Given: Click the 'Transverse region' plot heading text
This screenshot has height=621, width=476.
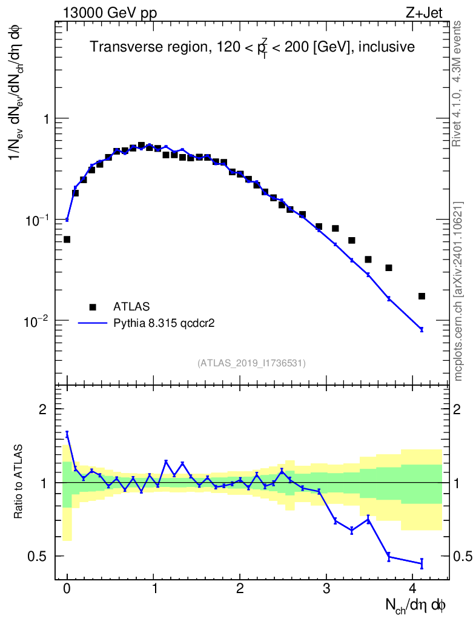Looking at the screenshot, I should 252,47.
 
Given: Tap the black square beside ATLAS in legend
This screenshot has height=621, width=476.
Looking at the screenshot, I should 93,306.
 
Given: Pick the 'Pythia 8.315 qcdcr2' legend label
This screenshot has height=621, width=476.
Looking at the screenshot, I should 165,323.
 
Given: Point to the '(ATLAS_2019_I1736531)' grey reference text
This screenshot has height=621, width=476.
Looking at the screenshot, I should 251,363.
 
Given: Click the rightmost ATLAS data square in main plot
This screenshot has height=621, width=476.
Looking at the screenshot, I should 421,296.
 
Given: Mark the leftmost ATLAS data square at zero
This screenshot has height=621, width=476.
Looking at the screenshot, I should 67,240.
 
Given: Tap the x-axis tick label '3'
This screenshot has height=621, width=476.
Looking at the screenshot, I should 326,591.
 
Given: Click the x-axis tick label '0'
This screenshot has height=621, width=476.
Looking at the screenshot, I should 67,591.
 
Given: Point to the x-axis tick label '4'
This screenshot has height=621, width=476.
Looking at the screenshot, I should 413,591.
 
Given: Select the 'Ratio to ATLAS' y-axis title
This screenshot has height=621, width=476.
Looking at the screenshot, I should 19,482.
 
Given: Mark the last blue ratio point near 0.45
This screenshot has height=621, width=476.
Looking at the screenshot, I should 421,563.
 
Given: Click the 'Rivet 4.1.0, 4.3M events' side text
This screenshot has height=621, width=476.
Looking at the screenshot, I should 458,83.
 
